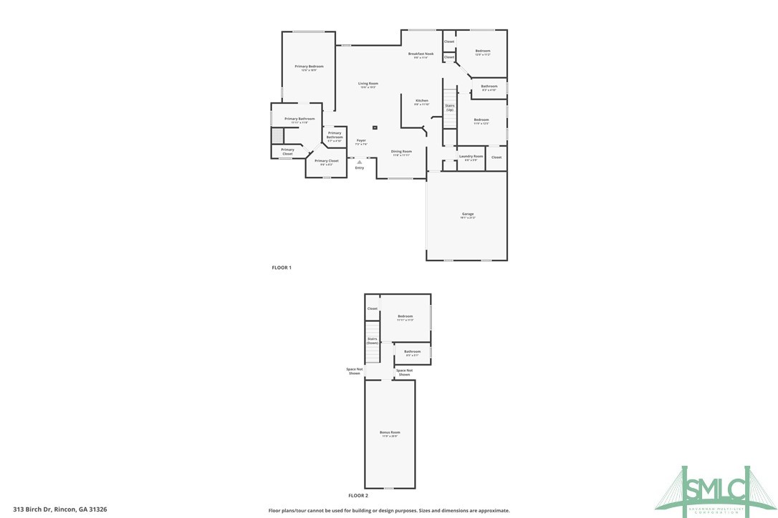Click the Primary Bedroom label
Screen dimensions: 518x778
309,67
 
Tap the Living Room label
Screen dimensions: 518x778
368,84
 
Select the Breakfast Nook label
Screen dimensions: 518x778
421,54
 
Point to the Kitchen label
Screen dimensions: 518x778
422,101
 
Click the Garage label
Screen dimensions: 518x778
467,215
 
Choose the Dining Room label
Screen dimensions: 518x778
401,152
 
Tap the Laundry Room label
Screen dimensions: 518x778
471,156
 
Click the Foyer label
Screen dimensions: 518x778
361,140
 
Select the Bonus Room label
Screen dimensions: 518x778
390,433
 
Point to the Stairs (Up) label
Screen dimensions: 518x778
450,107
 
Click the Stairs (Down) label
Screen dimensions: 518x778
373,341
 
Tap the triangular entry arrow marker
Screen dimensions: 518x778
360,162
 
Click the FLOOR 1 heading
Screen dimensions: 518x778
282,268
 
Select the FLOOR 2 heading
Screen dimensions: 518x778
358,495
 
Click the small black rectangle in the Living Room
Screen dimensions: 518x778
375,127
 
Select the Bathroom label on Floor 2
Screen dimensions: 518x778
412,351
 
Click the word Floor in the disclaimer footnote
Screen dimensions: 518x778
274,511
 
